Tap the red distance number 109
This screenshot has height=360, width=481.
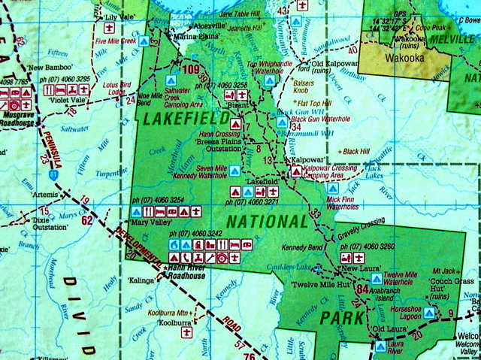pos(191,71)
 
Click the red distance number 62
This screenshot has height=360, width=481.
pos(87,220)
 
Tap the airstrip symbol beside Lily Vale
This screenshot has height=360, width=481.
pos(110,28)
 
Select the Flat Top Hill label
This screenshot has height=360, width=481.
pos(314,102)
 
